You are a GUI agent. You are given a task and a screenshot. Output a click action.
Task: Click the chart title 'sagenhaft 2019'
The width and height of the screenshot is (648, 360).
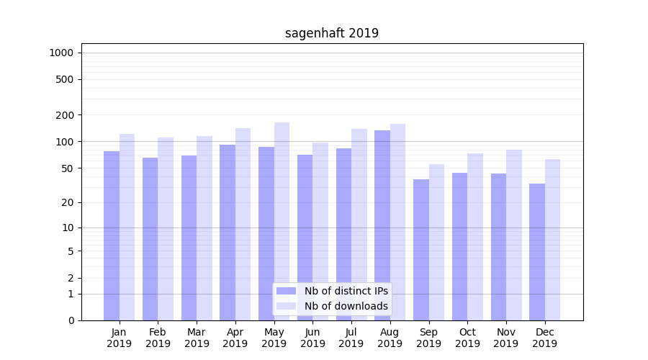(x=332, y=33)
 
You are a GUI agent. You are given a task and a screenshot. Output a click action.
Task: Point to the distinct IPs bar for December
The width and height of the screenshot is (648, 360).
(x=537, y=251)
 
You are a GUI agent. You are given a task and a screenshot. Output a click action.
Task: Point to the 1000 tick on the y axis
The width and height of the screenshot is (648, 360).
(x=61, y=53)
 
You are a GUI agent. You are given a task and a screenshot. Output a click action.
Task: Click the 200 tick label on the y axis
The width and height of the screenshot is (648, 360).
(x=64, y=115)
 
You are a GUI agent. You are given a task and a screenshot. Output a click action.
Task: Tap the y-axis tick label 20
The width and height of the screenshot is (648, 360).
(x=67, y=202)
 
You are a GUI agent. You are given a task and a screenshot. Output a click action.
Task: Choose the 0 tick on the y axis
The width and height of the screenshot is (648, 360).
(x=70, y=320)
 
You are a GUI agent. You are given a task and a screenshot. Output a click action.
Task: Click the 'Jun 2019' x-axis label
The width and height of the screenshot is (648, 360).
(x=312, y=338)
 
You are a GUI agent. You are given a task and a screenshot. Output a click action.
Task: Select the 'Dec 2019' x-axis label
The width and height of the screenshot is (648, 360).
(x=545, y=338)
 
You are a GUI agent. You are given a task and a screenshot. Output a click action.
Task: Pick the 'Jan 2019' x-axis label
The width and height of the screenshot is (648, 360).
(x=120, y=338)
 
